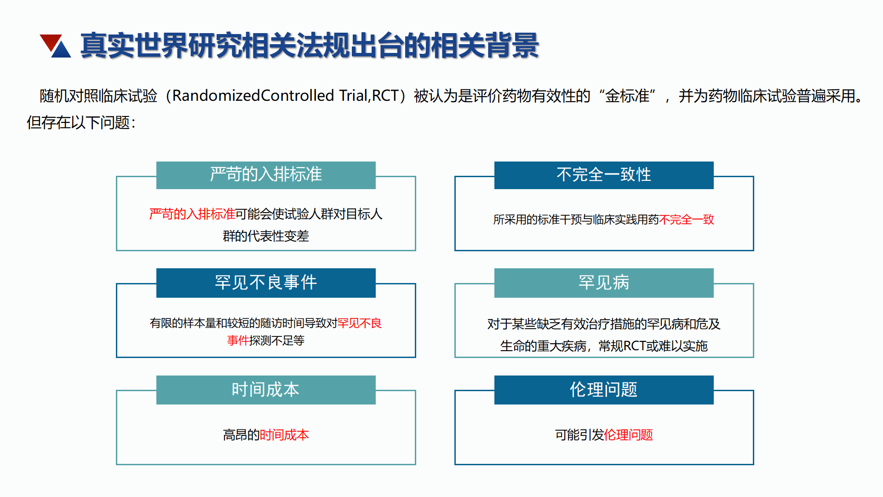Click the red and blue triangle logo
pos(55,46)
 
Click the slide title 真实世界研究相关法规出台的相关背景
pos(310,46)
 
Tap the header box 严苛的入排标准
pos(266,175)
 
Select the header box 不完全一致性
pos(604,175)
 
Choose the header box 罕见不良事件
pos(266,283)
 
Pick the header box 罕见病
pos(604,283)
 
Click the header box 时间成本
pos(266,390)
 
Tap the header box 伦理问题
pos(604,390)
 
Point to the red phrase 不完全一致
pos(687,220)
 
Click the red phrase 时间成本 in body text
pos(284,435)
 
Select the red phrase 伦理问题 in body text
pos(628,435)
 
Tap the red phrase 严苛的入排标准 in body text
pos(192,214)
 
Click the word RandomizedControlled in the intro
pos(253,96)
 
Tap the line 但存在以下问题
pos(81,123)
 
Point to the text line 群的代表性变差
pos(266,236)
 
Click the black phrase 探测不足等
pos(277,341)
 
